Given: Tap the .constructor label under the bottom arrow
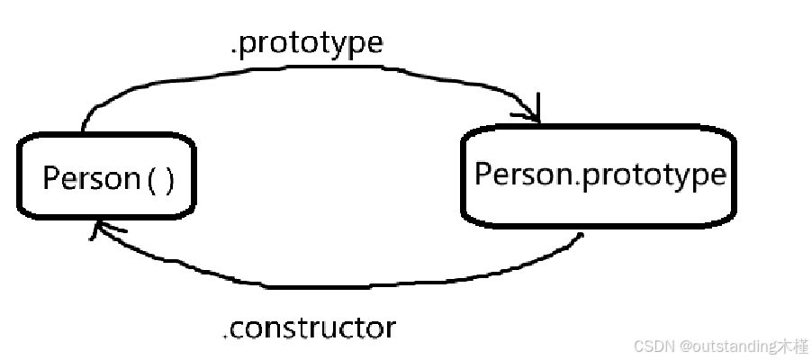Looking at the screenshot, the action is (x=309, y=328).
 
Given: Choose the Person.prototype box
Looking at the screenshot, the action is (x=599, y=175).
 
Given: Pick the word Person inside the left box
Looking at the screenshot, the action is (x=88, y=178).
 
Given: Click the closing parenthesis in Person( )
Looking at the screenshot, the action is (x=168, y=180).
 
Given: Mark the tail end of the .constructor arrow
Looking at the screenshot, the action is (x=582, y=236).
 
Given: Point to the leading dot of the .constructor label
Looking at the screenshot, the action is (x=225, y=337).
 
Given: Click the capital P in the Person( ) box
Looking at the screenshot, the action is (x=50, y=177).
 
